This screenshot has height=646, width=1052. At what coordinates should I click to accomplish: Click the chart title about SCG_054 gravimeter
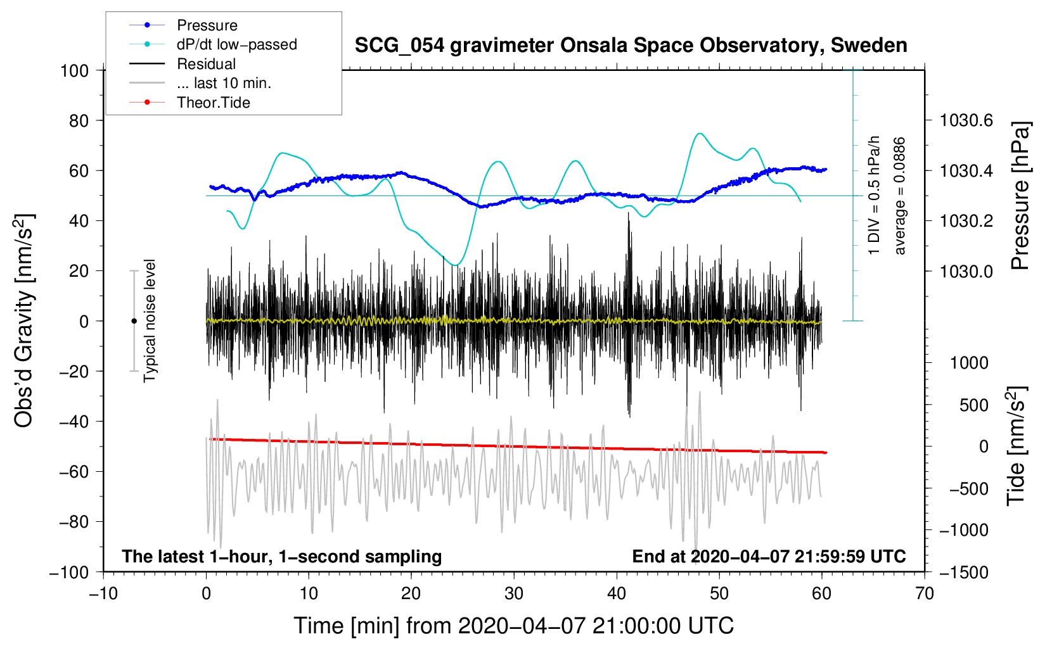tap(631, 46)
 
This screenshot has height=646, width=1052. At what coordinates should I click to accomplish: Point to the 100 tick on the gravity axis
tap(75, 71)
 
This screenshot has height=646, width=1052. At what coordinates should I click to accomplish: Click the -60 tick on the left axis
tap(74, 471)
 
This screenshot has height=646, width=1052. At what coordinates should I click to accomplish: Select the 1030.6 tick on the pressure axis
tap(966, 121)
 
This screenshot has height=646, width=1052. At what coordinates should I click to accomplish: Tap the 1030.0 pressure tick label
tap(966, 271)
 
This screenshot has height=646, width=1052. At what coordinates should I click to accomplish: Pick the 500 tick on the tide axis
tap(974, 405)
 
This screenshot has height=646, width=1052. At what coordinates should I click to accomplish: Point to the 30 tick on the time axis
tap(514, 594)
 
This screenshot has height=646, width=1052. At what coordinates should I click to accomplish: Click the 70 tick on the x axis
tap(924, 594)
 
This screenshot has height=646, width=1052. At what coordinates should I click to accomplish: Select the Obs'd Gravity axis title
tap(23, 321)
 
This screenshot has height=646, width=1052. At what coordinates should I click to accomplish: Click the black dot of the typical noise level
tap(134, 321)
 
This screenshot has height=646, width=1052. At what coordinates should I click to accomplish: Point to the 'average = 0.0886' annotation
tap(899, 196)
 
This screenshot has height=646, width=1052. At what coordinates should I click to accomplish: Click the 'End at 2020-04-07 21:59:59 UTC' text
tap(769, 556)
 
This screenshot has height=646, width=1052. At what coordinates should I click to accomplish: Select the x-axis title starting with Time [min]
tap(514, 626)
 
